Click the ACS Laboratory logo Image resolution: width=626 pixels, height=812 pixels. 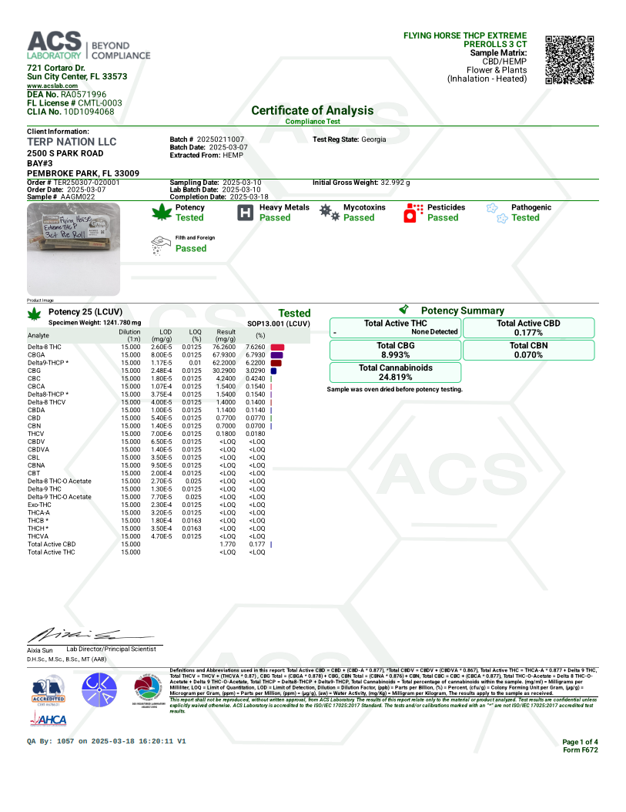click(x=89, y=46)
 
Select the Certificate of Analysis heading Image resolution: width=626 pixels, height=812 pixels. click(x=312, y=110)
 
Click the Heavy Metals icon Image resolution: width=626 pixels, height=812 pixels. click(x=244, y=213)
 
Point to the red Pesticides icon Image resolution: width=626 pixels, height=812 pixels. click(x=414, y=213)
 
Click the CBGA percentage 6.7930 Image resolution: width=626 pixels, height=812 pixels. click(x=255, y=355)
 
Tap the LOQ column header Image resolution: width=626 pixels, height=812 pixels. click(x=196, y=334)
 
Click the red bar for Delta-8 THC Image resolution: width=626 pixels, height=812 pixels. click(x=278, y=347)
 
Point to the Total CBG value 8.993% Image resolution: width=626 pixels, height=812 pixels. click(x=396, y=355)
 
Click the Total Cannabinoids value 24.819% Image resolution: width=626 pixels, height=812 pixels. click(x=396, y=377)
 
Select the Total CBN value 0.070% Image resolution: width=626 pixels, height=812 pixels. click(x=528, y=355)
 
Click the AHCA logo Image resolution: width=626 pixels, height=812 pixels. click(x=48, y=720)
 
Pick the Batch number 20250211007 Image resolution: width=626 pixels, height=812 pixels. click(x=220, y=139)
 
